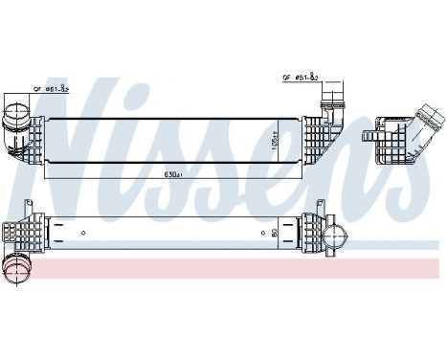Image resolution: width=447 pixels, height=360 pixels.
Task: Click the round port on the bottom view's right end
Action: click(x=336, y=235)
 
